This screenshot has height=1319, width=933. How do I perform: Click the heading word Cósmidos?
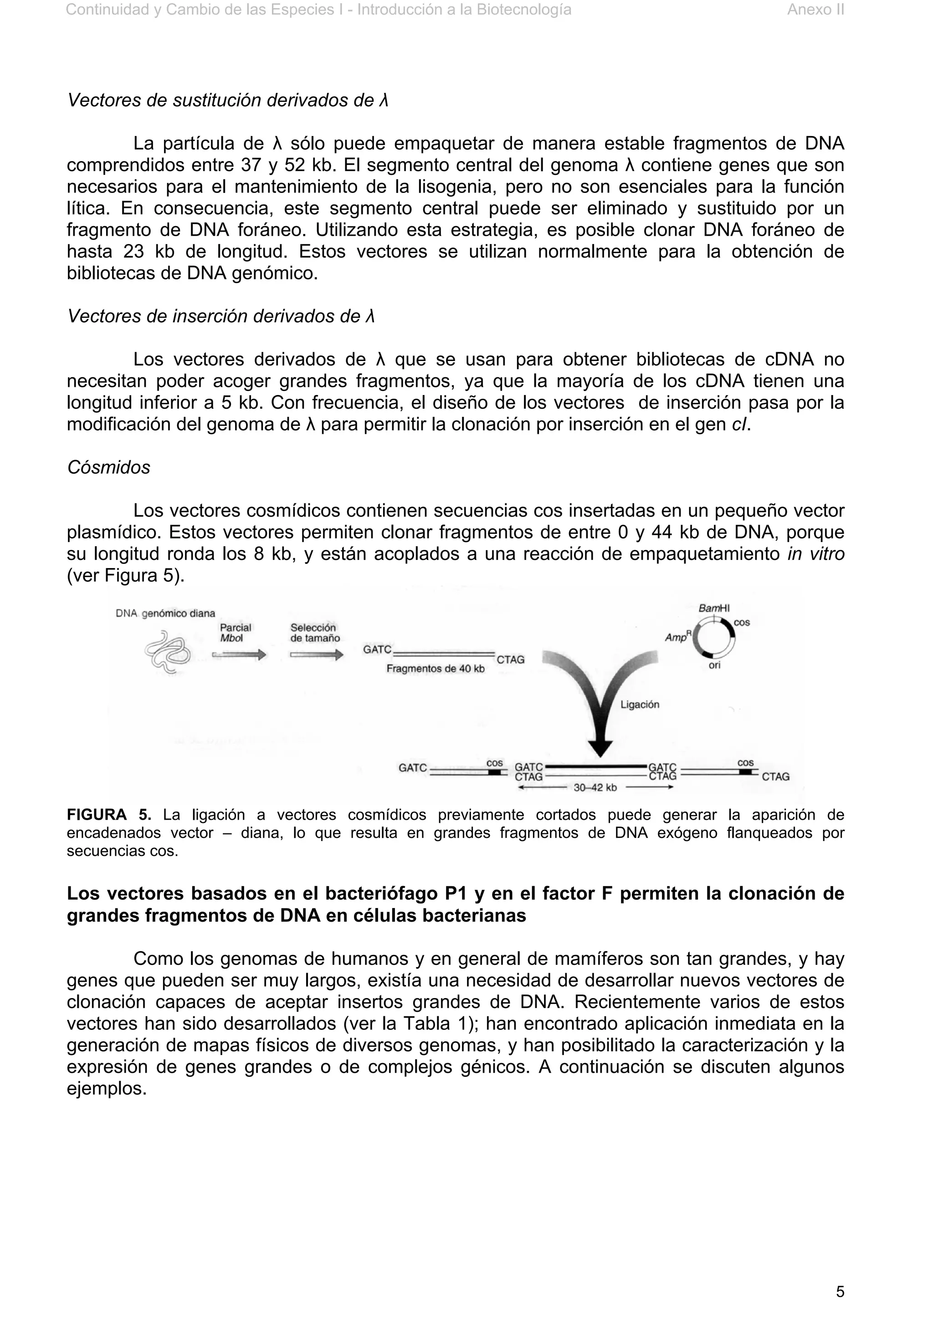108,467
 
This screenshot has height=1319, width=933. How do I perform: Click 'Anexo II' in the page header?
815,10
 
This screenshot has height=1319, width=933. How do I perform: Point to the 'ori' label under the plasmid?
714,665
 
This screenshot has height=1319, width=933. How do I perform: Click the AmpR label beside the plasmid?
678,637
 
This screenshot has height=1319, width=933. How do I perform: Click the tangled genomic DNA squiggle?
167,651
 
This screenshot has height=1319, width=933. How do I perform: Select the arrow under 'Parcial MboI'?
239,655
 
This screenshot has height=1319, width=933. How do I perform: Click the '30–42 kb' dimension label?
595,787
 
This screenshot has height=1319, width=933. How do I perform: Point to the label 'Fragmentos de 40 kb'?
435,669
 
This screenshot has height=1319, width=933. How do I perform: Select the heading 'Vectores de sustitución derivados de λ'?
228,101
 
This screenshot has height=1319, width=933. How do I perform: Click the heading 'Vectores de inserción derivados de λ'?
221,316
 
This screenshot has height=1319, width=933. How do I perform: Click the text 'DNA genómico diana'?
165,614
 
